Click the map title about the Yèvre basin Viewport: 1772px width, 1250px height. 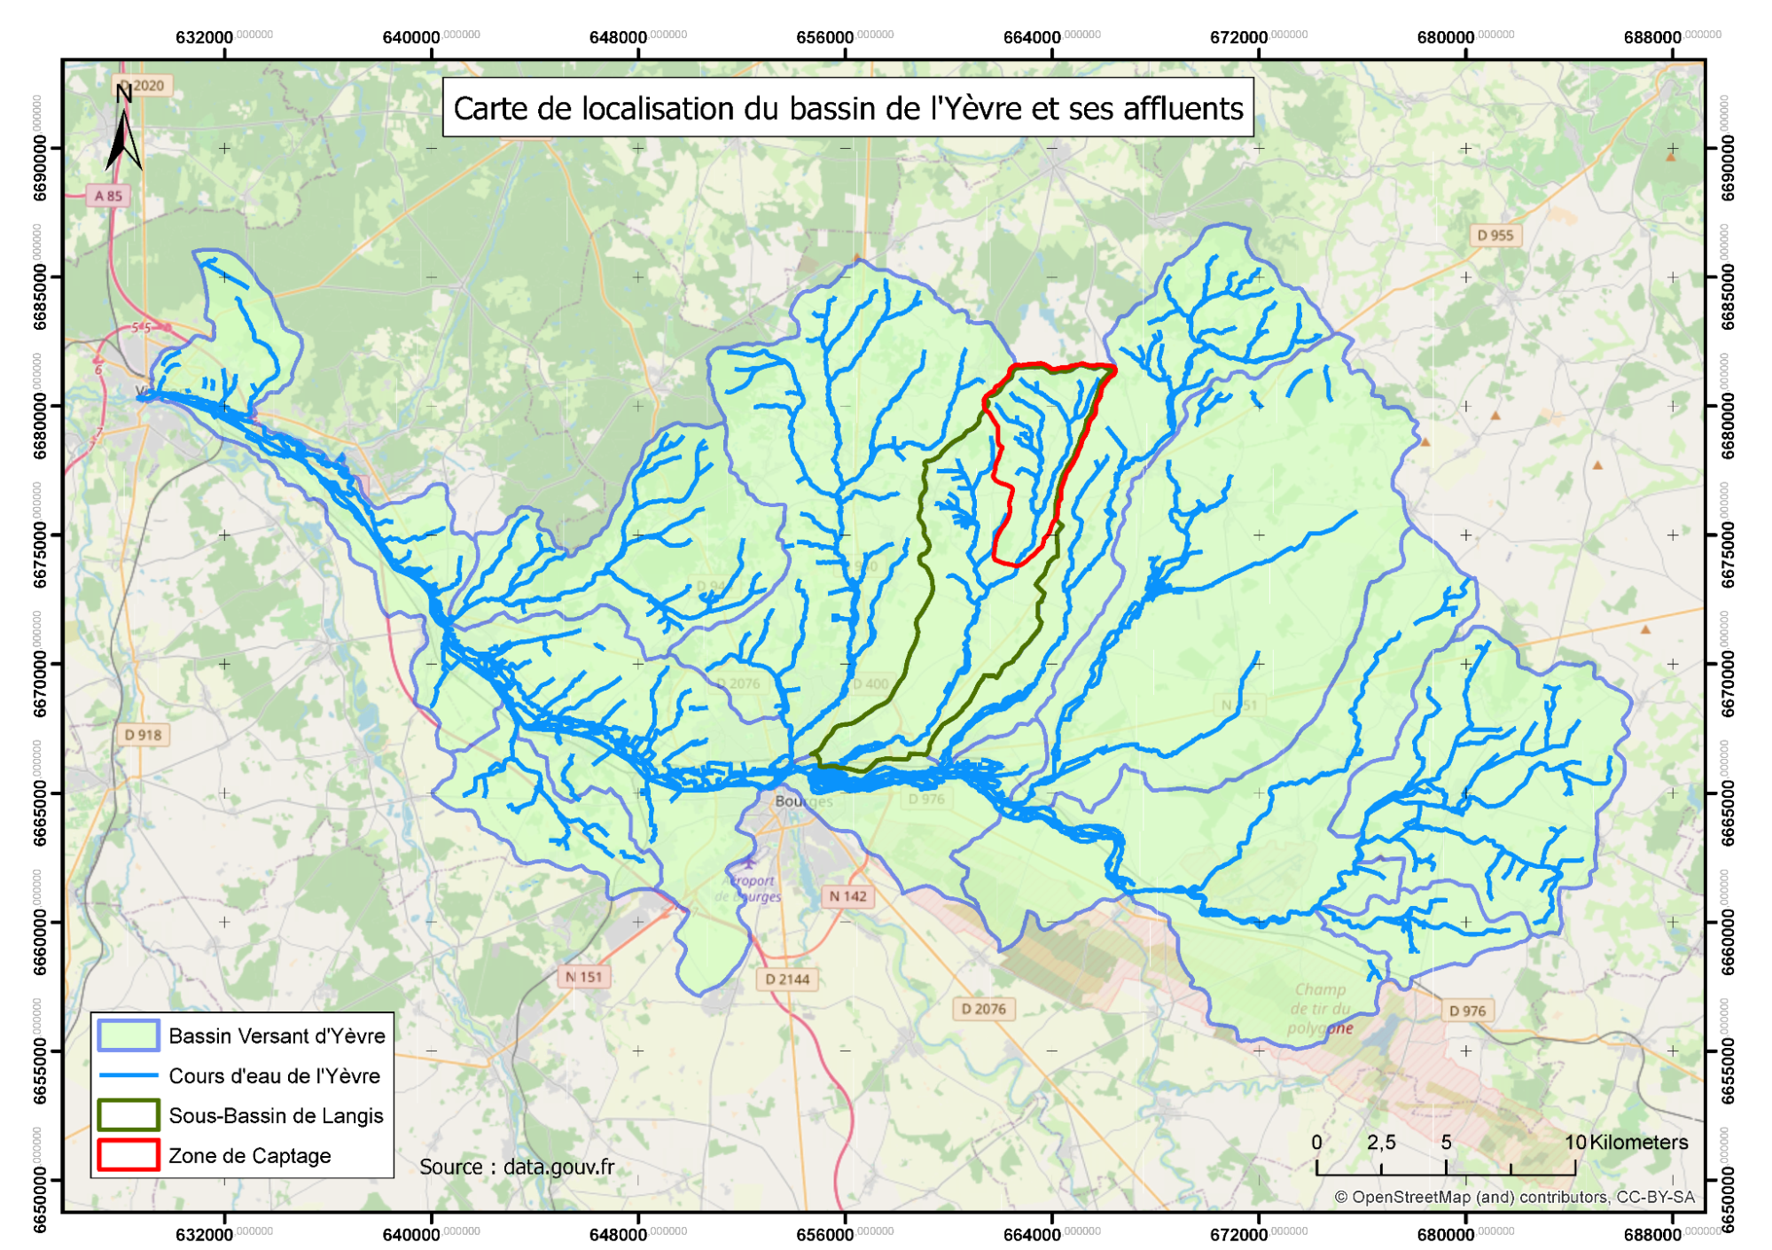[848, 108]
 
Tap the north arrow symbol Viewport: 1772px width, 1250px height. [123, 133]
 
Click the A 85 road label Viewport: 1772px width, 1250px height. [108, 196]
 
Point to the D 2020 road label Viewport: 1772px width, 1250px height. [143, 86]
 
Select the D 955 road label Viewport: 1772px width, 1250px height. [1495, 235]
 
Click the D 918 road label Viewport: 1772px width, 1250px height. [144, 735]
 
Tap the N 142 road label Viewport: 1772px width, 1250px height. [847, 896]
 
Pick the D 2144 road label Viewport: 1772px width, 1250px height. [787, 980]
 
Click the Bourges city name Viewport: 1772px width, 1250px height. [803, 801]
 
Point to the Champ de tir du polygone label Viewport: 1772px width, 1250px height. [1321, 1009]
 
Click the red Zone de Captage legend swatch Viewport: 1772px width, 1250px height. [129, 1155]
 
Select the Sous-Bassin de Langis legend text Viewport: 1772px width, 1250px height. [276, 1115]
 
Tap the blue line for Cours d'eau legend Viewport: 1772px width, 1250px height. [129, 1076]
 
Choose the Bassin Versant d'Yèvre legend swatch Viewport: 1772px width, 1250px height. [129, 1035]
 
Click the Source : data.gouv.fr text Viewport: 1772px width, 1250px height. [517, 1167]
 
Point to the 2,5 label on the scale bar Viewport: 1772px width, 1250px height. [1381, 1142]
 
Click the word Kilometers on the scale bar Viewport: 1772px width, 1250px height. [1638, 1142]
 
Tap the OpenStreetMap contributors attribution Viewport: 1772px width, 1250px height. [1514, 1197]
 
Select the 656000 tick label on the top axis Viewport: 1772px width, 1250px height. [824, 37]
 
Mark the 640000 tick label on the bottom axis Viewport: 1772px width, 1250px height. [411, 1234]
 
